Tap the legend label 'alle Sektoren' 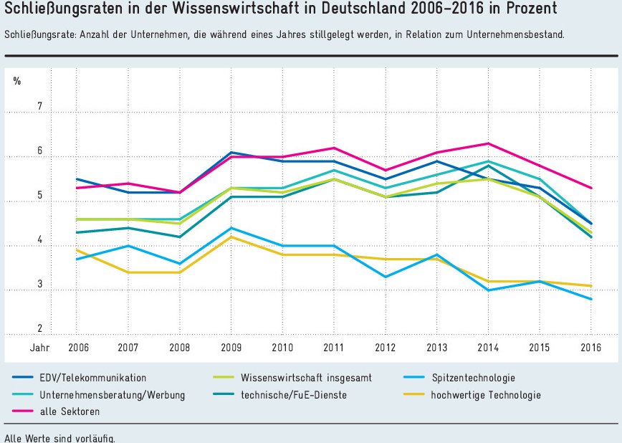pyautogui.click(x=70, y=411)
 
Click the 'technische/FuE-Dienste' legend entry pyautogui.click(x=290, y=394)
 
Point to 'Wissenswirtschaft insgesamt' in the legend pyautogui.click(x=306, y=377)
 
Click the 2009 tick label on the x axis pyautogui.click(x=231, y=348)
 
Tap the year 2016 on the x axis pyautogui.click(x=590, y=348)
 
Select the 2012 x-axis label pyautogui.click(x=386, y=348)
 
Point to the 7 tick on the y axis pyautogui.click(x=40, y=107)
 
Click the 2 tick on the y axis pyautogui.click(x=40, y=328)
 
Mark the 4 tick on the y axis pyautogui.click(x=40, y=240)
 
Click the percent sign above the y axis pyautogui.click(x=17, y=81)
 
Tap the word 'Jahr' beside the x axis pyautogui.click(x=40, y=348)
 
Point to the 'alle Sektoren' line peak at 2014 pyautogui.click(x=488, y=143)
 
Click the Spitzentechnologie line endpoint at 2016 pyautogui.click(x=590, y=299)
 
